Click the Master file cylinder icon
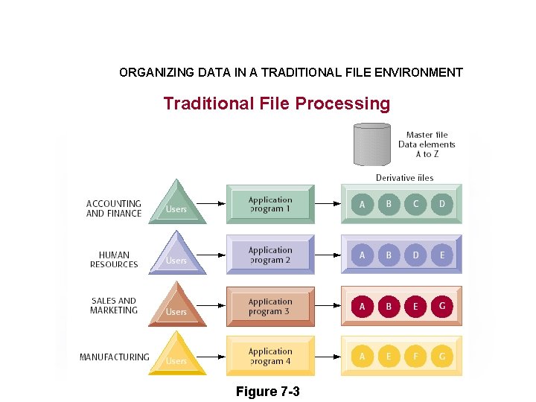pyautogui.click(x=372, y=144)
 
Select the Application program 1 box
pyautogui.click(x=270, y=205)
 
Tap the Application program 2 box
pyautogui.click(x=270, y=255)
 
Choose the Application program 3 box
pyautogui.click(x=270, y=307)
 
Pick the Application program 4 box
pyautogui.click(x=270, y=357)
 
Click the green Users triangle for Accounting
pyautogui.click(x=176, y=204)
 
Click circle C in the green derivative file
pyautogui.click(x=415, y=204)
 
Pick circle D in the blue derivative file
pyautogui.click(x=415, y=255)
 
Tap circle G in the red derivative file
pyautogui.click(x=442, y=306)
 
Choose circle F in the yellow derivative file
pyautogui.click(x=415, y=357)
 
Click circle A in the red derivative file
pyautogui.click(x=363, y=306)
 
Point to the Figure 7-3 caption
pyautogui.click(x=267, y=392)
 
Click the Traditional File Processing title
pyautogui.click(x=276, y=103)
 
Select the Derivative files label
pyautogui.click(x=404, y=178)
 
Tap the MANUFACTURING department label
pyautogui.click(x=114, y=357)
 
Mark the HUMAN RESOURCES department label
pyautogui.click(x=114, y=260)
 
